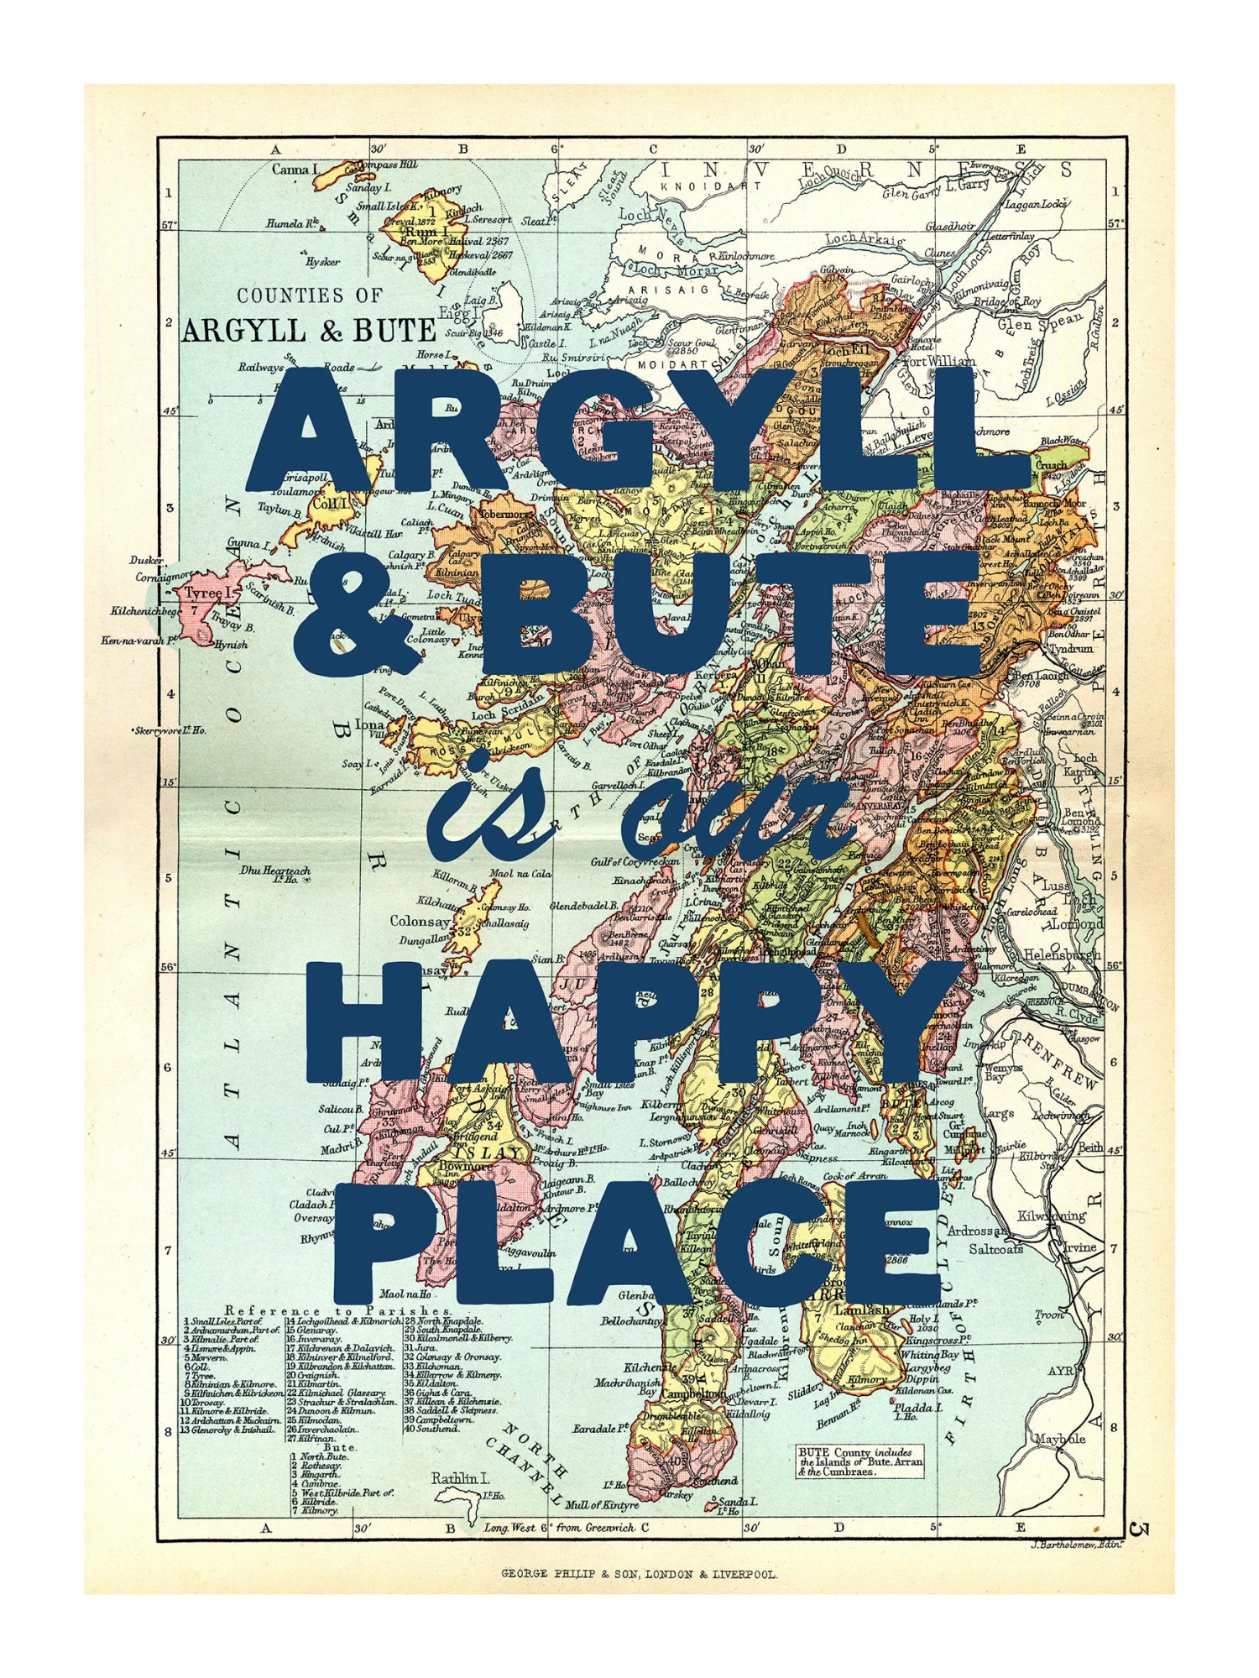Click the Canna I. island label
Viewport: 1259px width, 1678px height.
(295, 170)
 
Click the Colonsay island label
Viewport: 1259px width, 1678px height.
(420, 921)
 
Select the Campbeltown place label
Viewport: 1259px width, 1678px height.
(692, 1393)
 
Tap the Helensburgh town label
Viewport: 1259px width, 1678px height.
(1062, 954)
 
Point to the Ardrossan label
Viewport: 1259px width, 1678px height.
(976, 1231)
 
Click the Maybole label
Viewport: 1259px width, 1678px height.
(1059, 1438)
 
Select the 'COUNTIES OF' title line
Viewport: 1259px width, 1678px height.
(310, 295)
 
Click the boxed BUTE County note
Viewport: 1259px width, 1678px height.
(860, 1461)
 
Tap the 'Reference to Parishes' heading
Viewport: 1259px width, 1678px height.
(338, 1311)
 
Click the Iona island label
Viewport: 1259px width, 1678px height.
(370, 724)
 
